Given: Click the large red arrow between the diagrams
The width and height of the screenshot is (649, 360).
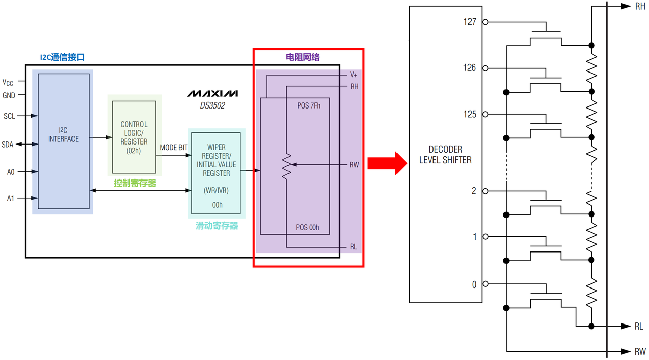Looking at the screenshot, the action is (x=387, y=163).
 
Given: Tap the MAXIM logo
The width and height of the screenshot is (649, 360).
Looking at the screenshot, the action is (x=212, y=94).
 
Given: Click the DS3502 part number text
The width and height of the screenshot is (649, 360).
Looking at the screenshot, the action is (x=212, y=105).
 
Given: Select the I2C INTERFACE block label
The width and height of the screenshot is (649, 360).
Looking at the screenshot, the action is (x=63, y=135).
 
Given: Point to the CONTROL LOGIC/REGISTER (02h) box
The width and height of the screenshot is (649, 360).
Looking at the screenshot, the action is (x=134, y=137).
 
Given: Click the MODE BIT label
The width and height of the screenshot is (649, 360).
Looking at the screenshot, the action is (x=173, y=148).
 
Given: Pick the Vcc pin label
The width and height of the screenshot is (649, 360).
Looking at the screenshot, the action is (x=8, y=82).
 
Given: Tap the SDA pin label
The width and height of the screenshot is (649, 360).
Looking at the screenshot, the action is (x=7, y=145).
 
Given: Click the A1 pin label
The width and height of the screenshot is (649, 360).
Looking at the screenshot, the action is (x=11, y=198).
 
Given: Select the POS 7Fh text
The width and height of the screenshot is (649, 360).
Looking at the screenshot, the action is (x=309, y=106).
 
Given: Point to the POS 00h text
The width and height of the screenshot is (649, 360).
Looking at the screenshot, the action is (x=307, y=227).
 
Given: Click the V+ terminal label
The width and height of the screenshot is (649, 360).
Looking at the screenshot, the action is (x=354, y=75).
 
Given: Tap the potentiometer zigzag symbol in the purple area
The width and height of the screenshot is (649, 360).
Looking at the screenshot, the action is (x=286, y=167).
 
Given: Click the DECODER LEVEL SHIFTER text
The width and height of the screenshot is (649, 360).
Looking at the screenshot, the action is (x=445, y=155).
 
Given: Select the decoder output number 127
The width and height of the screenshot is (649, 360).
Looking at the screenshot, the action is (x=470, y=22).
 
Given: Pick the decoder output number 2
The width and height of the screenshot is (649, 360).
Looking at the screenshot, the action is (x=474, y=191).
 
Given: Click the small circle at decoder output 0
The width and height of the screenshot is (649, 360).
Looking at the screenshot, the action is (x=485, y=284).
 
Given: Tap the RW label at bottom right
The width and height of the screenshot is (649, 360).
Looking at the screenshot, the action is (x=640, y=351).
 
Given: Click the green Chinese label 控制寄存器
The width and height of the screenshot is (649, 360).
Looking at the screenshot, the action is (x=135, y=183).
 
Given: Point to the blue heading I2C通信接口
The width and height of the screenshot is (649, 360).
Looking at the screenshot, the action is (x=62, y=57).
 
